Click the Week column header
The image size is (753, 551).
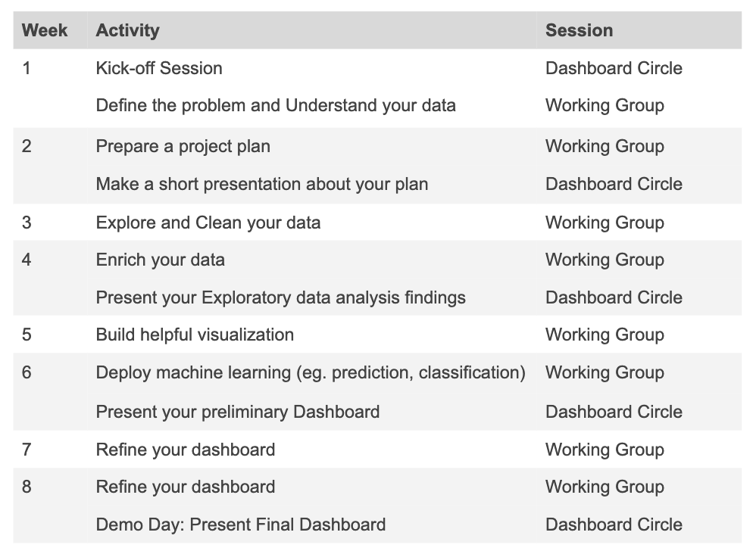45,31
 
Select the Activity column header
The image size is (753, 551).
127,31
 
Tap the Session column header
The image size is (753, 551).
579,31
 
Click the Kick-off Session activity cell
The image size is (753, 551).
159,68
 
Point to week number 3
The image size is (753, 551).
27,223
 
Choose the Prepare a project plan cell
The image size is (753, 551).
183,146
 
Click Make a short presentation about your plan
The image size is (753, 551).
261,184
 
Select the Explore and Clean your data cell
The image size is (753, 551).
208,223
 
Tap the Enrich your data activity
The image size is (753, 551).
160,260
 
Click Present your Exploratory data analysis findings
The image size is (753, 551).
280,297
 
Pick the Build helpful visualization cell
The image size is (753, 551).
195,335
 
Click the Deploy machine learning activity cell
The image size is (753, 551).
310,372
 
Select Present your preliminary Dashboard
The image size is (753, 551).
237,412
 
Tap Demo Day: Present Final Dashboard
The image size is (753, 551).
240,525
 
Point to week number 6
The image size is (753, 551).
27,372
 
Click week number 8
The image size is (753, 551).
27,487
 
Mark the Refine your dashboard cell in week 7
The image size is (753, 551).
185,450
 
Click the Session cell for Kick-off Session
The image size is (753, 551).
614,68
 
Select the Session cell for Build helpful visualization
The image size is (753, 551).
605,335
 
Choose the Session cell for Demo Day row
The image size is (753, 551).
614,525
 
